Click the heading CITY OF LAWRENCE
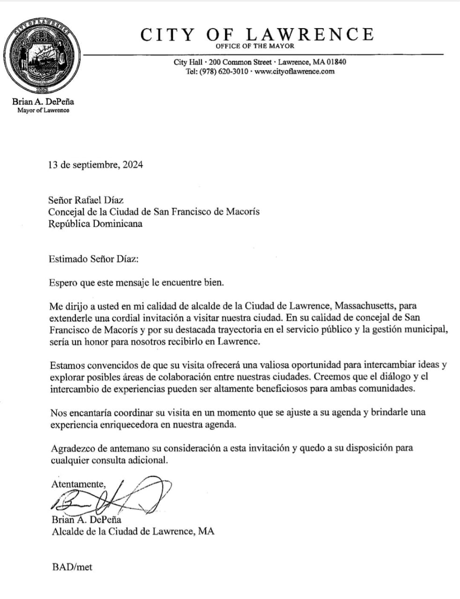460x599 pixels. point(257,34)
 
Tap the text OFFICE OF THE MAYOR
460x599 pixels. point(255,46)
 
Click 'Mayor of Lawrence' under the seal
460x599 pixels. point(43,110)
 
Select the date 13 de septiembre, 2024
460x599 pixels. point(96,165)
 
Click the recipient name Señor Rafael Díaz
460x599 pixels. point(86,200)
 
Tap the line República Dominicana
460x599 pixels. point(96,224)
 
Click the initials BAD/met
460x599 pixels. point(72,567)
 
